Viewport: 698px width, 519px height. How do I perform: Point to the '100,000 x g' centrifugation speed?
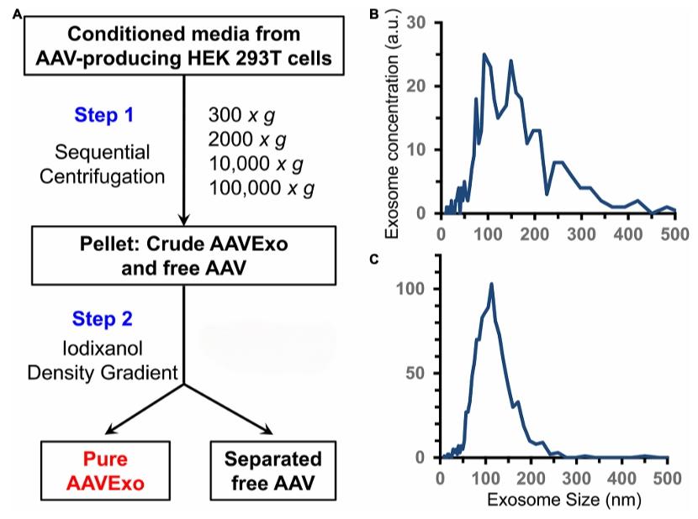pyautogui.click(x=262, y=189)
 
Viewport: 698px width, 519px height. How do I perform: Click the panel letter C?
pyautogui.click(x=375, y=258)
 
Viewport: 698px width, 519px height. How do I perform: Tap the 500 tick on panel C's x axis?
pyautogui.click(x=667, y=479)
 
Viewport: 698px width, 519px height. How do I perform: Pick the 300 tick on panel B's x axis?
pyautogui.click(x=579, y=233)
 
